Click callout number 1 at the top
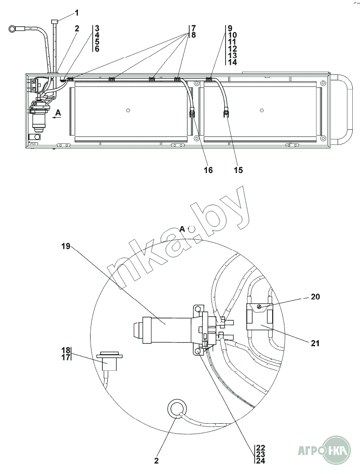[x=77, y=13]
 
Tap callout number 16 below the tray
[x=208, y=170]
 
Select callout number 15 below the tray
[x=238, y=170]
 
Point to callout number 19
[x=66, y=247]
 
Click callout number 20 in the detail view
[x=315, y=297]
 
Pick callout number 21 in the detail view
[x=315, y=343]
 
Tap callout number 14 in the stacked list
[x=233, y=62]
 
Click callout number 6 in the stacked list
[x=97, y=48]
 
